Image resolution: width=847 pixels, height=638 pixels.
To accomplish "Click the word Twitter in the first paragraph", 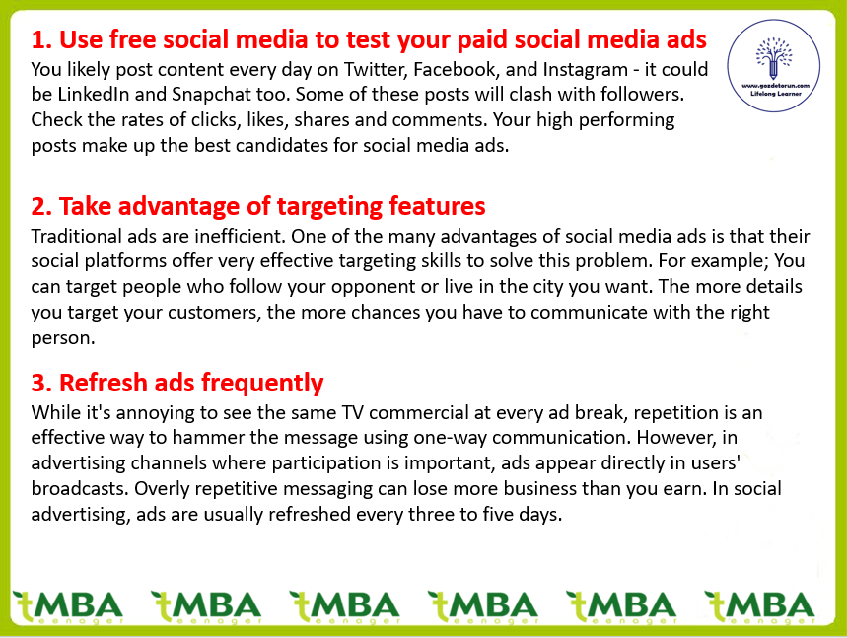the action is point(375,70).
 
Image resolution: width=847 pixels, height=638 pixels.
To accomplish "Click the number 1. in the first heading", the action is point(41,40).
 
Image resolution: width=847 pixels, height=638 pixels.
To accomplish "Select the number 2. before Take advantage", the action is point(41,207).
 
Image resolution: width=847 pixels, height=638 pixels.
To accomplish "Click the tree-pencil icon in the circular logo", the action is point(773,58).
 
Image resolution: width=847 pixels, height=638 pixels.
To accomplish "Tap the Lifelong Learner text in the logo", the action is point(776,94).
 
